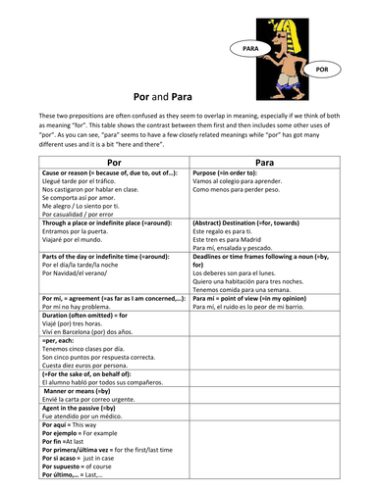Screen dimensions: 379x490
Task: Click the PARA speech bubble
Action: click(x=249, y=46)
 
